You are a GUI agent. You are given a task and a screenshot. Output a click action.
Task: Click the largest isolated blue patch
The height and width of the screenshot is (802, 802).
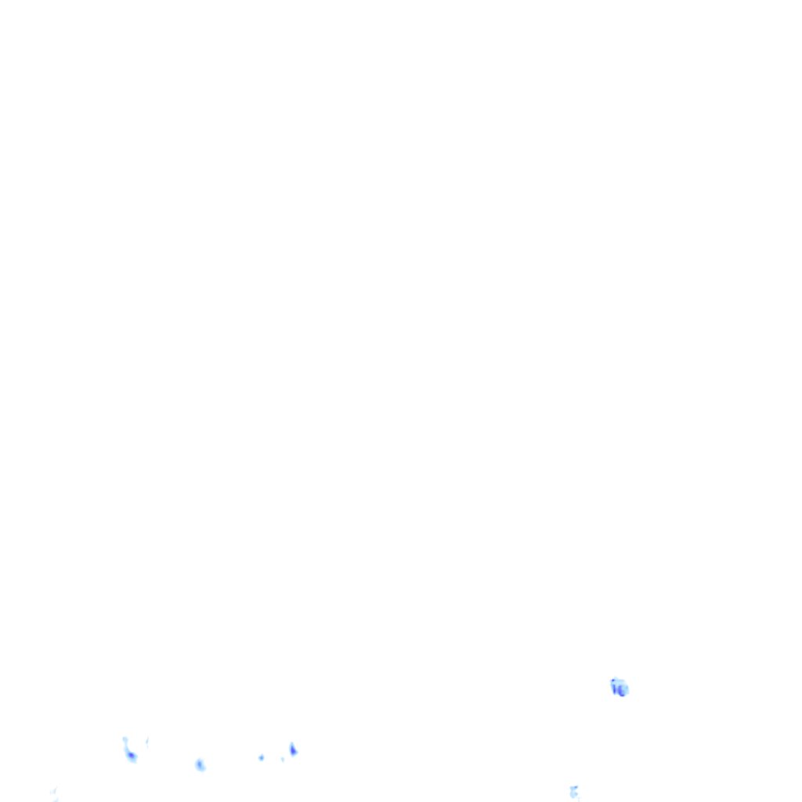(620, 688)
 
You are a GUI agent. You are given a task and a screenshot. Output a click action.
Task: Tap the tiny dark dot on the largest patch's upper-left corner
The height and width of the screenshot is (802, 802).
(612, 681)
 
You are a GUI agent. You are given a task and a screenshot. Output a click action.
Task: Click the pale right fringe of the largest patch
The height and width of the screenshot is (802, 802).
(627, 688)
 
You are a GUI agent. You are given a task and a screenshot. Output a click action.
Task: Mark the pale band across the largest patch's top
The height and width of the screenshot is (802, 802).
(620, 681)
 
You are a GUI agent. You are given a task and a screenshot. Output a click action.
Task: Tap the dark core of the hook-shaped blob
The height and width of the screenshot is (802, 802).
(132, 756)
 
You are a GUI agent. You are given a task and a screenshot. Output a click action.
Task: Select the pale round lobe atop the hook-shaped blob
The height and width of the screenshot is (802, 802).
(125, 739)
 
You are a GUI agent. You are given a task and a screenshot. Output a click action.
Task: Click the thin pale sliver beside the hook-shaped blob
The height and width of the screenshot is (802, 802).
(146, 741)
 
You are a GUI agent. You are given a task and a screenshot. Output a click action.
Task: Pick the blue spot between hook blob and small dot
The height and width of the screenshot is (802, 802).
(200, 764)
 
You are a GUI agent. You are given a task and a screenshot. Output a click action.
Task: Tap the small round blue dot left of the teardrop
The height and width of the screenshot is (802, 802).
(261, 757)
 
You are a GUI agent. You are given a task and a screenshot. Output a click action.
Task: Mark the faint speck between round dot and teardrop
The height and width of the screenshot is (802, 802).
(282, 759)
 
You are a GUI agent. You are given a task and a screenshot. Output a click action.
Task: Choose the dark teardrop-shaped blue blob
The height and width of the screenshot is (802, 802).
(293, 750)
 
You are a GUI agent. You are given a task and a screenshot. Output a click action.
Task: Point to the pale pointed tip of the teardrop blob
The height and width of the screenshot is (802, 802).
(292, 743)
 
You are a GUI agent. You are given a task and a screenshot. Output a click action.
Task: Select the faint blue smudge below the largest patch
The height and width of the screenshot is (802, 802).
(574, 792)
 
